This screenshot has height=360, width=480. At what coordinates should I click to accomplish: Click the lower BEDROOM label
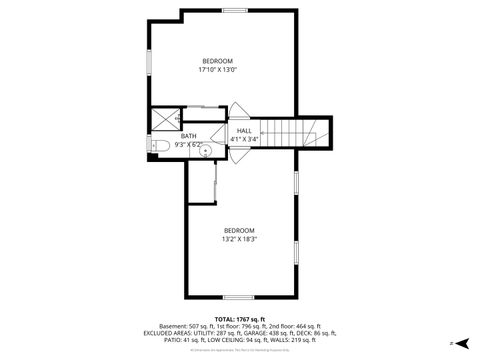click(239, 230)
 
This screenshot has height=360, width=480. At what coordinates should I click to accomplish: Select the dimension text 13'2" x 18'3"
click(239, 239)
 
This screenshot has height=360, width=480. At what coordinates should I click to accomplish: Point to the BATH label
click(188, 136)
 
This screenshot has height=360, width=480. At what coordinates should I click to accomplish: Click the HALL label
click(244, 131)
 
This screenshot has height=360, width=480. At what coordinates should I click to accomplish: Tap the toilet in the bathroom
click(161, 146)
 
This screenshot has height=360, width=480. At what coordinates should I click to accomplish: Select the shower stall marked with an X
click(161, 118)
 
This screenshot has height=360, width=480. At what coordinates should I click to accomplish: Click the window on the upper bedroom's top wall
click(235, 10)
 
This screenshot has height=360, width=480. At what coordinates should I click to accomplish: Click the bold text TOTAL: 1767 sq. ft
click(239, 318)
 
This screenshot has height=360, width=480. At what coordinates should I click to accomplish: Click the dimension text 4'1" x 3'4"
click(244, 139)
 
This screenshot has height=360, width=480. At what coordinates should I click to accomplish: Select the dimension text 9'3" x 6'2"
click(188, 144)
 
